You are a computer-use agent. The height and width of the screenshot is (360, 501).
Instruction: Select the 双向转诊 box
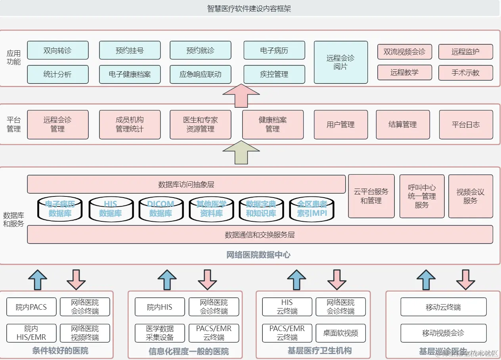pos(57,50)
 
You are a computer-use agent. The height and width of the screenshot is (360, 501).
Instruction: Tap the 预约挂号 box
pos(130,50)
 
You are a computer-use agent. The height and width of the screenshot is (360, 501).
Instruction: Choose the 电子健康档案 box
pos(130,74)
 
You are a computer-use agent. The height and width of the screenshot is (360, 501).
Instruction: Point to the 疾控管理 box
pos(274,74)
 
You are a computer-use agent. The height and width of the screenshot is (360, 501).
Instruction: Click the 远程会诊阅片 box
pos(340,62)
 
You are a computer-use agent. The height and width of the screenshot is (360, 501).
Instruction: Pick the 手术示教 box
pos(465,73)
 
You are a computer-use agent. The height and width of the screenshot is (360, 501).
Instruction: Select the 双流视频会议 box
pos(404,52)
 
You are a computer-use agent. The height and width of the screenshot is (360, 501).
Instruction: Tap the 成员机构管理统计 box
pos(130,124)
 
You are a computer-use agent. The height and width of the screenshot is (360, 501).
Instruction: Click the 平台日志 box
pos(466,124)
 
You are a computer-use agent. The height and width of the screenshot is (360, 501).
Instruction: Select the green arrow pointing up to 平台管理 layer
pos(241,152)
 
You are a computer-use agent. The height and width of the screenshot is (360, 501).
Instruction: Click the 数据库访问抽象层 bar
pos(186,184)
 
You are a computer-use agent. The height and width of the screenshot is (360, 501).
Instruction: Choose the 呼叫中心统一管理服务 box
pos(422,196)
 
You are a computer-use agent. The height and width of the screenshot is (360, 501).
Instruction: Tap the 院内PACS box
pos(31,307)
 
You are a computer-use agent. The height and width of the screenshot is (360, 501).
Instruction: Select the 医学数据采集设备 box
pos(160,333)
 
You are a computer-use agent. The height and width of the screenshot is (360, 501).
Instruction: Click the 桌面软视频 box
pos(340,333)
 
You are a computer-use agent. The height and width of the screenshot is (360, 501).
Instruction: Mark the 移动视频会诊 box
pos(443,333)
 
